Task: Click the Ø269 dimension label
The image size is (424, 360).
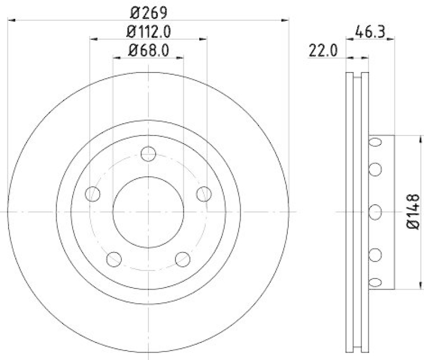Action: point(148,11)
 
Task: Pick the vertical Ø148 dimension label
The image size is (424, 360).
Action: point(414,212)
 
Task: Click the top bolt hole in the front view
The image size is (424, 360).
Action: point(148,154)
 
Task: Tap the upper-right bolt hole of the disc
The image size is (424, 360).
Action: point(204,194)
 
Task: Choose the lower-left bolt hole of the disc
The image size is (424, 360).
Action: point(114,258)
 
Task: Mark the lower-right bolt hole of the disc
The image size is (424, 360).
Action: point(182,258)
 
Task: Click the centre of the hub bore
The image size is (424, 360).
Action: point(148,212)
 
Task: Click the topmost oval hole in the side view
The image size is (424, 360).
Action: point(375,142)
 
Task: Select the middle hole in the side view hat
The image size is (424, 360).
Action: point(375,212)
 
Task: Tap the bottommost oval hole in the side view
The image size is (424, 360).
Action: point(375,282)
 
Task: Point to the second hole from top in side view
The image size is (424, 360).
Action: point(375,169)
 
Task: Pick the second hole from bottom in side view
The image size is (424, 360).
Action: point(375,255)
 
